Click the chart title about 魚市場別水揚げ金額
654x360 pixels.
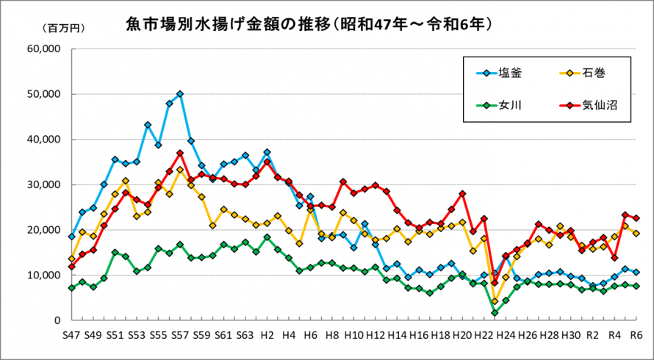(x=309, y=25)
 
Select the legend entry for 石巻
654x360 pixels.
(x=584, y=73)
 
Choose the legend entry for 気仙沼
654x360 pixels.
(x=589, y=105)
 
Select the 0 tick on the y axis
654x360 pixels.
(x=56, y=320)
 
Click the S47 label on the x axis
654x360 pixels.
(x=71, y=334)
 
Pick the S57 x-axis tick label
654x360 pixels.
(x=180, y=334)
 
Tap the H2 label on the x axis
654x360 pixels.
(x=267, y=334)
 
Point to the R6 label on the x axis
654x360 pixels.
(x=636, y=334)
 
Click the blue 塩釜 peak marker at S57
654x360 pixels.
(x=180, y=94)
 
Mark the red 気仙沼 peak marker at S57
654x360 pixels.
(x=180, y=153)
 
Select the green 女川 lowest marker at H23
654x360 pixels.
(x=495, y=313)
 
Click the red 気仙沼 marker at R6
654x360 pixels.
(x=636, y=218)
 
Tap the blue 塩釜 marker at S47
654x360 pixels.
(x=71, y=237)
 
